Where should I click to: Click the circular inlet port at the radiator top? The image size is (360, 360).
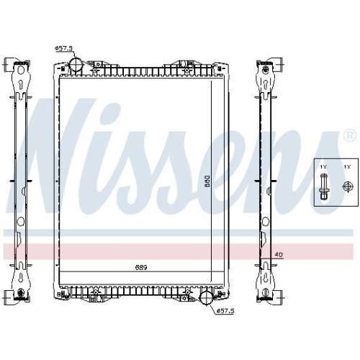pyautogui.click(x=76, y=66)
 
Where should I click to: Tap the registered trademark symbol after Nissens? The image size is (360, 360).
pyautogui.click(x=349, y=135)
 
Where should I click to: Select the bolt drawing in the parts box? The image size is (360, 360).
pyautogui.click(x=324, y=188)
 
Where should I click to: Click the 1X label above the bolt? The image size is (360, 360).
pyautogui.click(x=324, y=168)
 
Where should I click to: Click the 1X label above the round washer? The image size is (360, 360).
pyautogui.click(x=346, y=168)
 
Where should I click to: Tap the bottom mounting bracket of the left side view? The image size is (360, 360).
pyautogui.click(x=19, y=288)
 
